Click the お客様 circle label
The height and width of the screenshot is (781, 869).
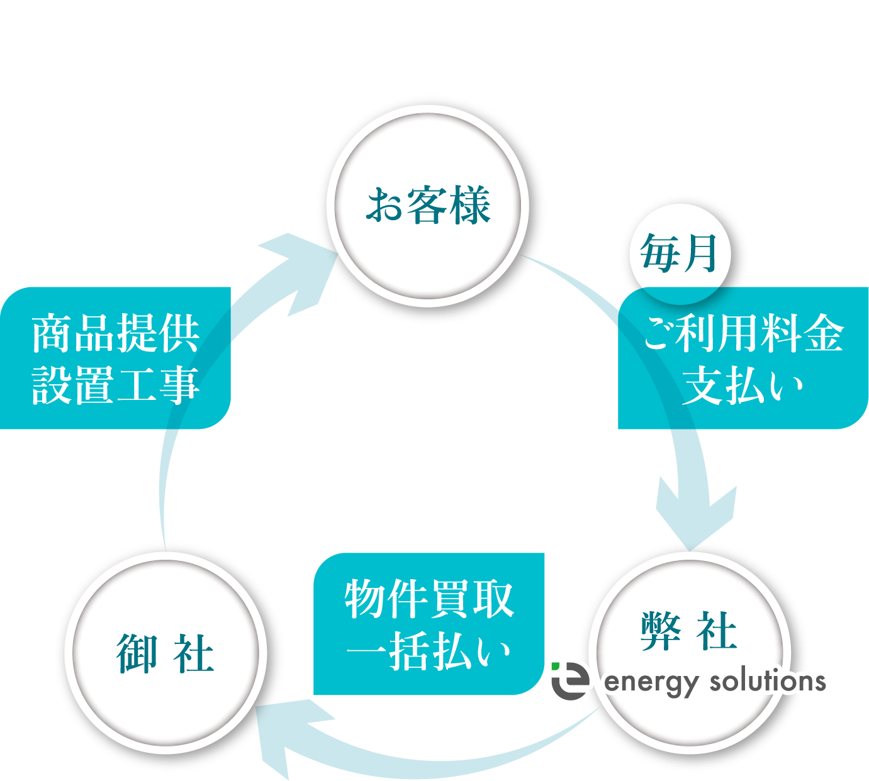click(429, 206)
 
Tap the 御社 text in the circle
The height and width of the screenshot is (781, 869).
click(165, 654)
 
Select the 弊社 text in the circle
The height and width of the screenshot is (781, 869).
click(688, 631)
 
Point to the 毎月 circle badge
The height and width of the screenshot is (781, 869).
click(680, 254)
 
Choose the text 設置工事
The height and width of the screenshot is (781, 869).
click(116, 385)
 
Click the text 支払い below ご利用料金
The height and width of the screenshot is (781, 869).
click(743, 385)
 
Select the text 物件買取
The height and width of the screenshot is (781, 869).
click(429, 599)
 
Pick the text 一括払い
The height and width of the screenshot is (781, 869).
click(429, 652)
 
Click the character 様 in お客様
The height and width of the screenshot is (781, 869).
click(469, 206)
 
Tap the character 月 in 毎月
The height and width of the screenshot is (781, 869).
click(700, 254)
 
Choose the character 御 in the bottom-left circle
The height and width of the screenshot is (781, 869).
click(137, 654)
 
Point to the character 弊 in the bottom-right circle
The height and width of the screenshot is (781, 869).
click(661, 631)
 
